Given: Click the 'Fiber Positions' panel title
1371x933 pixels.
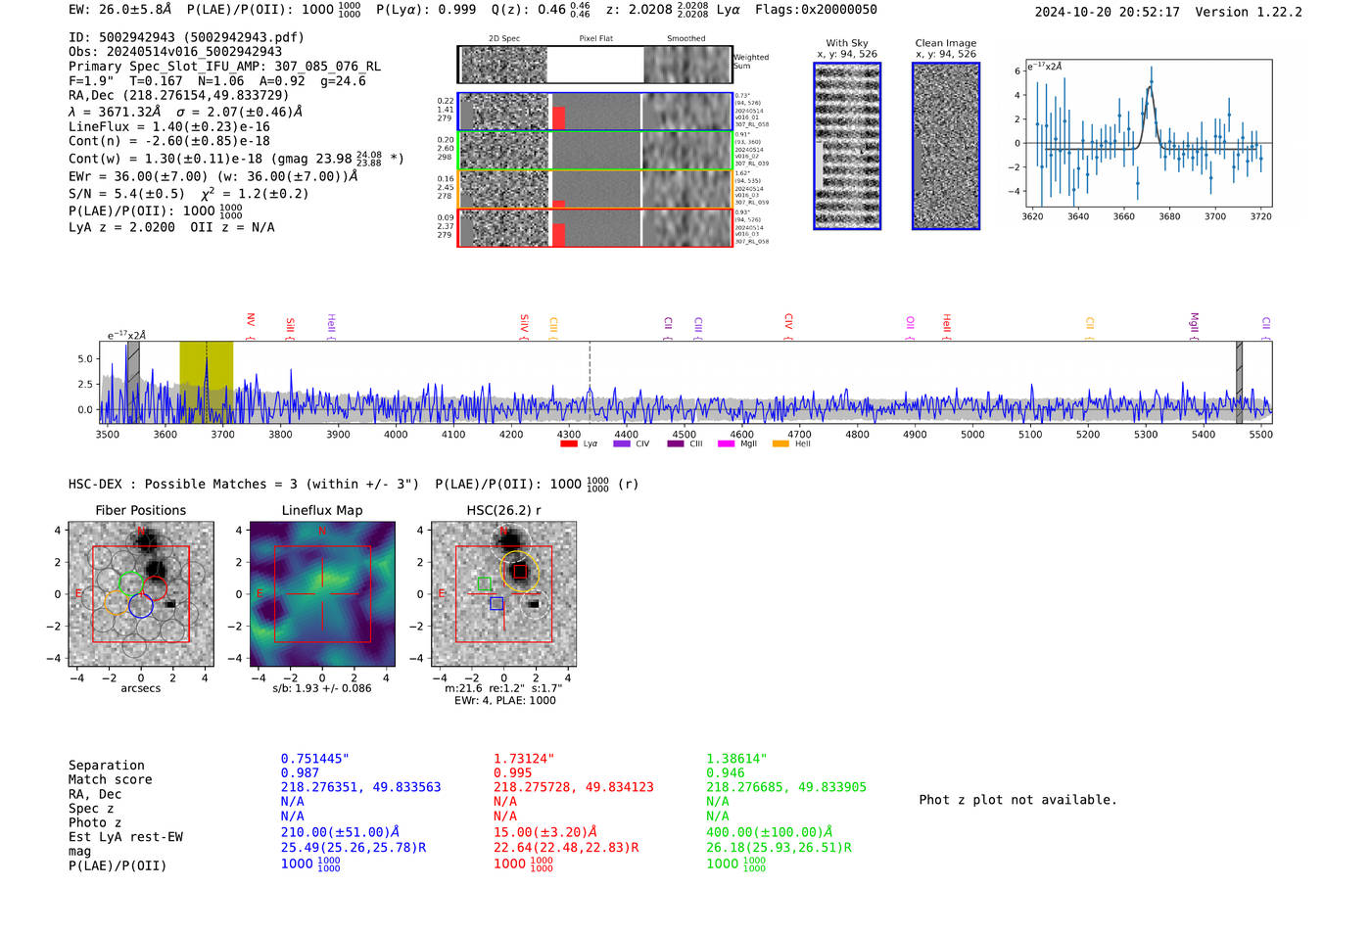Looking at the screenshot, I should pos(140,510).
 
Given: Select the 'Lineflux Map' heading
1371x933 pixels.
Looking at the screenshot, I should pos(322,510).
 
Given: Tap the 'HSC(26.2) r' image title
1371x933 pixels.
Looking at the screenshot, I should pos(503,510).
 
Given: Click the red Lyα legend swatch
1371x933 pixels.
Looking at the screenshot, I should pos(568,443).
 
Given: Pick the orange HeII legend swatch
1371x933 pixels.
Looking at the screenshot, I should pos(780,443).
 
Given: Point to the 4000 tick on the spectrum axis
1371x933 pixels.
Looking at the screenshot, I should pos(396,434).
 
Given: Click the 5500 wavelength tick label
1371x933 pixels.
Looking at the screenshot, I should pos(1260,434).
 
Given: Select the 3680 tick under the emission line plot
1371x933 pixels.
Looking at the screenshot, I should pos(1169,216).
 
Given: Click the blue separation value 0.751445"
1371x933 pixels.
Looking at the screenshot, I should pos(314,759).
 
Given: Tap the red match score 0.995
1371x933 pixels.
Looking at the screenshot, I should pos(513,772).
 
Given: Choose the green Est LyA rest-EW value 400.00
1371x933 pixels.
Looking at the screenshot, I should pos(769,832).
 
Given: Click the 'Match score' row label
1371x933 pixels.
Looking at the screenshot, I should pos(110,779).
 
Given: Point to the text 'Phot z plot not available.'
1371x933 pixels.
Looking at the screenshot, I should pos(1017,800).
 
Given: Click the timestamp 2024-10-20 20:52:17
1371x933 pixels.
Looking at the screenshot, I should pos(1107,12).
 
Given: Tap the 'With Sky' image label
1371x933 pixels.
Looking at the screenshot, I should pos(846,43).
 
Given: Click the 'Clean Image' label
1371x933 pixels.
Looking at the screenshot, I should pos(945,43).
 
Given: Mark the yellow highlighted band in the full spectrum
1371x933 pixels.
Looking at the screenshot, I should pos(206,382).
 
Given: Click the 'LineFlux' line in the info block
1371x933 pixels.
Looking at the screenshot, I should pos(169,126).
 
